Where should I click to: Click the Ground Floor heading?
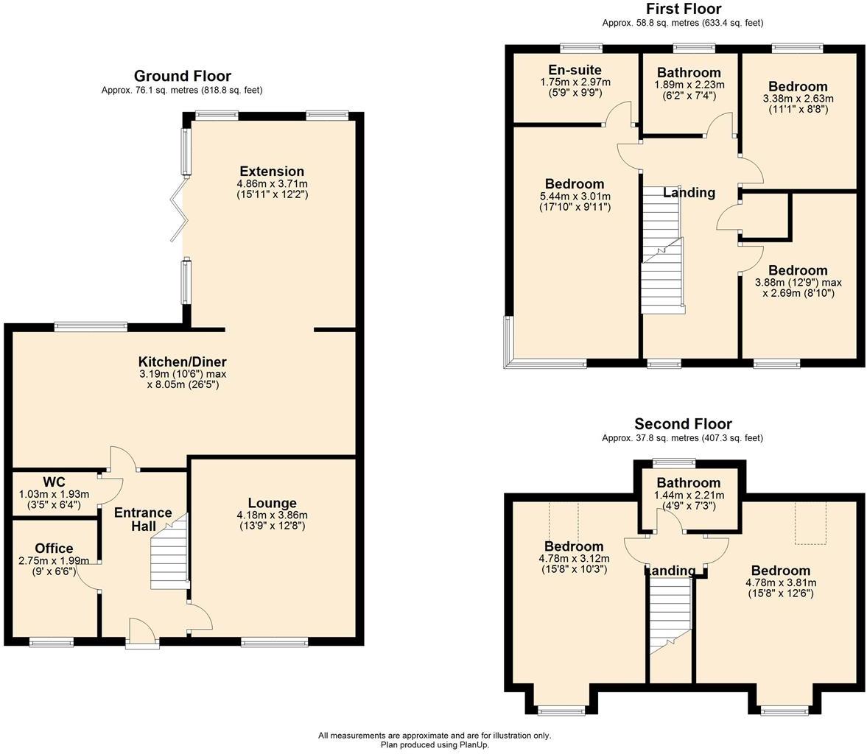click(183, 76)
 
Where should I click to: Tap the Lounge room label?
click(272, 503)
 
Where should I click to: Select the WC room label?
click(54, 482)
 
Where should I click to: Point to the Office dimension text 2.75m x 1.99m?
click(54, 560)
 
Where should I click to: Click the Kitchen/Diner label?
click(183, 362)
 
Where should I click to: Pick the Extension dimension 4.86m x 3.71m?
click(272, 183)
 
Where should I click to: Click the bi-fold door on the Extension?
click(180, 209)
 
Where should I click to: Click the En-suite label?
click(575, 70)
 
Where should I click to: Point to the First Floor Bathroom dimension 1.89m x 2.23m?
click(689, 85)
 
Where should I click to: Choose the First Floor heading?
click(684, 9)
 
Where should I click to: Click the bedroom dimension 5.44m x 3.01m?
click(575, 197)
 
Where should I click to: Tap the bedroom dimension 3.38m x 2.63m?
click(798, 99)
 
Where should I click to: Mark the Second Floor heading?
click(683, 424)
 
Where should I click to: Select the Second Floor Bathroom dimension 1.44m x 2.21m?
click(689, 496)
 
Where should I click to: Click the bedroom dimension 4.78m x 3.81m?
click(781, 582)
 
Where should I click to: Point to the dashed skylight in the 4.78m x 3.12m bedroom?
click(564, 522)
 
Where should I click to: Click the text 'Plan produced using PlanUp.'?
click(435, 744)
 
